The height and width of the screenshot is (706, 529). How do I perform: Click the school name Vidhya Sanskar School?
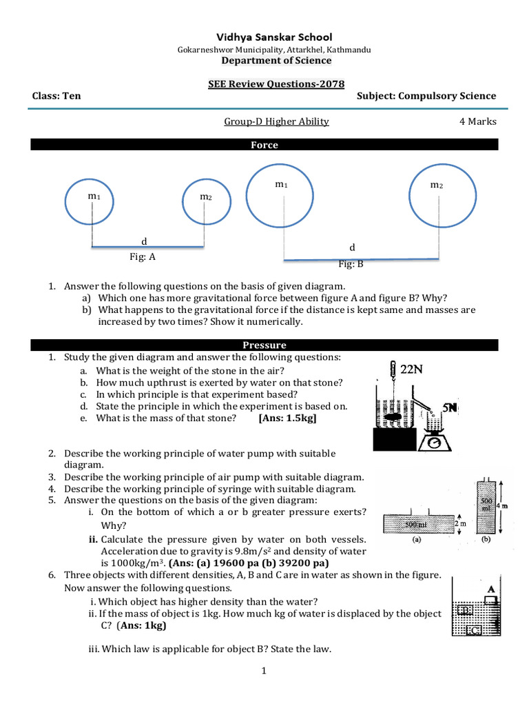pos(265,37)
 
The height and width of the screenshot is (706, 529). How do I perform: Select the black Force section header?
pos(264,145)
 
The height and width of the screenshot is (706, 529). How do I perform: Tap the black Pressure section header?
pos(264,345)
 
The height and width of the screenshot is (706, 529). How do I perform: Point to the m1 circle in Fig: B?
pos(282,194)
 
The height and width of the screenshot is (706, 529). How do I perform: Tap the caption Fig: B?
pos(350,264)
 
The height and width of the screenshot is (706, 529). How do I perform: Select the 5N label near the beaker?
pos(450,407)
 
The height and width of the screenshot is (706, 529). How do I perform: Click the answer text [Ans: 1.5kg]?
pos(287,418)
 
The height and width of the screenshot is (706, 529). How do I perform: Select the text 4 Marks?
pos(477,122)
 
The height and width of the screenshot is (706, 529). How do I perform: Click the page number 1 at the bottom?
pos(264,672)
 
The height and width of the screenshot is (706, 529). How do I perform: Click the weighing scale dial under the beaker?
pos(434,443)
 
